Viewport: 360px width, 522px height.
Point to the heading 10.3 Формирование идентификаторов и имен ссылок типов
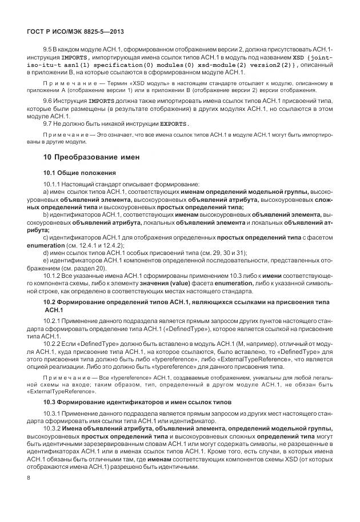138,402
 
